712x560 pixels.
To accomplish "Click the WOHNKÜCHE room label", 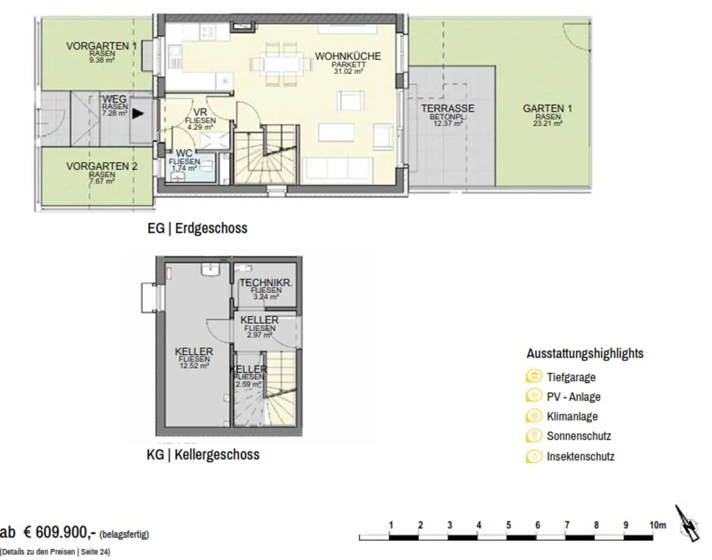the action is [348, 56].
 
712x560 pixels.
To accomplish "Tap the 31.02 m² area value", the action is [348, 71].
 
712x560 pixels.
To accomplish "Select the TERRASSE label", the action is [448, 109].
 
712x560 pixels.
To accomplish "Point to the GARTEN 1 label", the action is [547, 109].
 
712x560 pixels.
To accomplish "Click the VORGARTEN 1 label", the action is [101, 46].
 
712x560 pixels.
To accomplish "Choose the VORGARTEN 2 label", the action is [102, 167].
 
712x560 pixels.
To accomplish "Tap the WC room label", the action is [184, 153].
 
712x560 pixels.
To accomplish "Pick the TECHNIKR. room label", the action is [266, 283].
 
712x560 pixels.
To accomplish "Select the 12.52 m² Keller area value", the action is [194, 366].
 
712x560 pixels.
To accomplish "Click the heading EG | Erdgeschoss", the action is [197, 228].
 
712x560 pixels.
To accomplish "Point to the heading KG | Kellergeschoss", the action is [203, 454].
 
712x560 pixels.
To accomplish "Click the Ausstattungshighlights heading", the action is [585, 353].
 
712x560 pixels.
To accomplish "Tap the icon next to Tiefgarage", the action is [534, 376].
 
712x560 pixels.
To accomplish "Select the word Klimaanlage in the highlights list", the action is [572, 416].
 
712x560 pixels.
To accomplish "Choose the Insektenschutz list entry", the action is [581, 456].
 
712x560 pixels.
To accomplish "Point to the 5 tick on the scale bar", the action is [508, 525].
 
